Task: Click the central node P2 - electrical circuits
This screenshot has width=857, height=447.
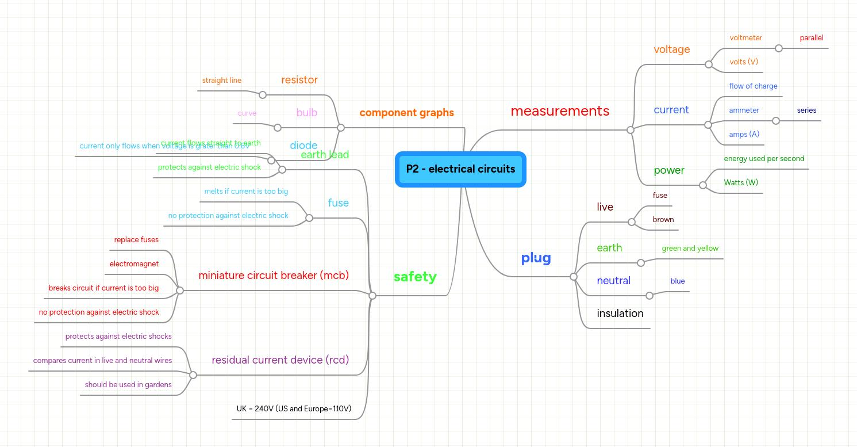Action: pyautogui.click(x=460, y=169)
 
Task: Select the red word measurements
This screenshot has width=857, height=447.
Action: pyautogui.click(x=560, y=111)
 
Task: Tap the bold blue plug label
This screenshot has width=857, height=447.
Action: pyautogui.click(x=536, y=258)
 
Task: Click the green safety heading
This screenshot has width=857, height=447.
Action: pyautogui.click(x=415, y=277)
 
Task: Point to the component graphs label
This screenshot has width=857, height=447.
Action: pyautogui.click(x=406, y=113)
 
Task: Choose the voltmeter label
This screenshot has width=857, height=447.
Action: pyautogui.click(x=745, y=38)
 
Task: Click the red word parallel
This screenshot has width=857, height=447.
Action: pyautogui.click(x=811, y=38)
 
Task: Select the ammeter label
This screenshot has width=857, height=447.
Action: pyautogui.click(x=744, y=110)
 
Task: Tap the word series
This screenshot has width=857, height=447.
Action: pyautogui.click(x=806, y=110)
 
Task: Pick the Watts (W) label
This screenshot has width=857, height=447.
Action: pyautogui.click(x=741, y=183)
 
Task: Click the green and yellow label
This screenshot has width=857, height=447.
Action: pyautogui.click(x=690, y=249)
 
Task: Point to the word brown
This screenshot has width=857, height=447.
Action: pyautogui.click(x=663, y=220)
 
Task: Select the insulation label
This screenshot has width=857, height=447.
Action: pyautogui.click(x=620, y=314)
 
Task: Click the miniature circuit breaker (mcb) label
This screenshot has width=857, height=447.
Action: pyautogui.click(x=274, y=276)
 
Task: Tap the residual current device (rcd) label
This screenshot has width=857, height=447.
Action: pyautogui.click(x=280, y=360)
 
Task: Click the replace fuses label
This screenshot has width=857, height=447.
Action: pyautogui.click(x=136, y=240)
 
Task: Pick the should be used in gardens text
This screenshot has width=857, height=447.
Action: pyautogui.click(x=128, y=385)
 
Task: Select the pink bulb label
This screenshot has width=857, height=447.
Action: pyautogui.click(x=306, y=113)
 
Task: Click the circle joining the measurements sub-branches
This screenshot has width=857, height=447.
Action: pyautogui.click(x=630, y=130)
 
